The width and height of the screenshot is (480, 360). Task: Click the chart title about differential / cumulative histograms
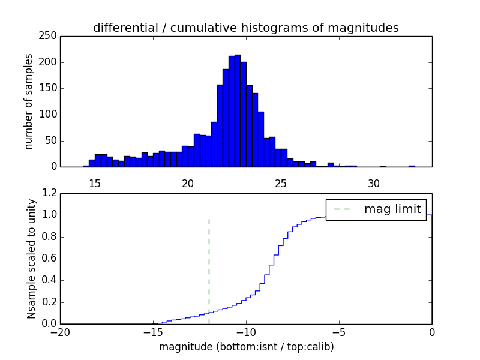coord(245,28)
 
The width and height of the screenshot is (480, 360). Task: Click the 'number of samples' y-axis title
coord(29,101)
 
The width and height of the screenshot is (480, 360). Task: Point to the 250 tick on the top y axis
coord(49,36)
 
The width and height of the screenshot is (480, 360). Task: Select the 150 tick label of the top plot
coord(49,88)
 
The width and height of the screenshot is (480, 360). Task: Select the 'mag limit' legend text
coord(392,209)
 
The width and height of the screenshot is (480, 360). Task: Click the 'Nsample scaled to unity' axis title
coord(31,259)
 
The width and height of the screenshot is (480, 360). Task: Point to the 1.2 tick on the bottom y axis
coord(50,193)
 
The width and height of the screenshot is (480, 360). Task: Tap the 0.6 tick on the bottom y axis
coord(50,259)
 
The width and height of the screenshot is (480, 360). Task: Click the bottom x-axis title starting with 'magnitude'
coord(246,347)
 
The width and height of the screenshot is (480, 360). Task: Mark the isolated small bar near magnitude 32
coord(412,166)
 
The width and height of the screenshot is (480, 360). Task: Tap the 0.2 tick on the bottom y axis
coord(50,302)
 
